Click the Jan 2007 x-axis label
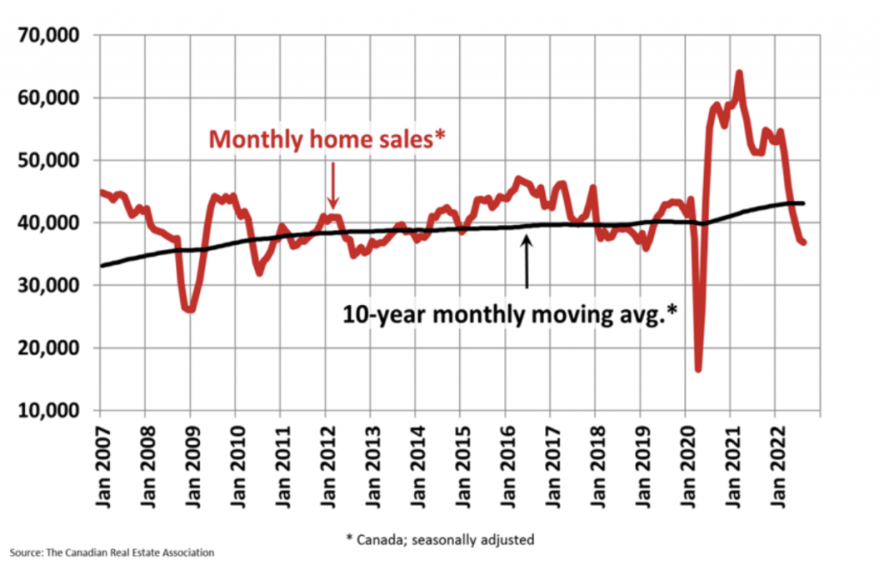tap(100, 464)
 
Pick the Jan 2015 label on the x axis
tap(460, 464)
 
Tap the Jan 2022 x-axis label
tap(774, 464)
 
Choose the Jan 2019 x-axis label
tap(640, 464)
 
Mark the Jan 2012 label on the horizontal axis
tap(325, 464)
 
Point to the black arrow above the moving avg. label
tap(526, 262)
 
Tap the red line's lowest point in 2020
tap(699, 369)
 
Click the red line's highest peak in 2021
tap(738, 73)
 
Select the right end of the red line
tap(803, 243)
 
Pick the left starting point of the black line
tap(101, 265)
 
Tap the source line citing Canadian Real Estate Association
tap(112, 552)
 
